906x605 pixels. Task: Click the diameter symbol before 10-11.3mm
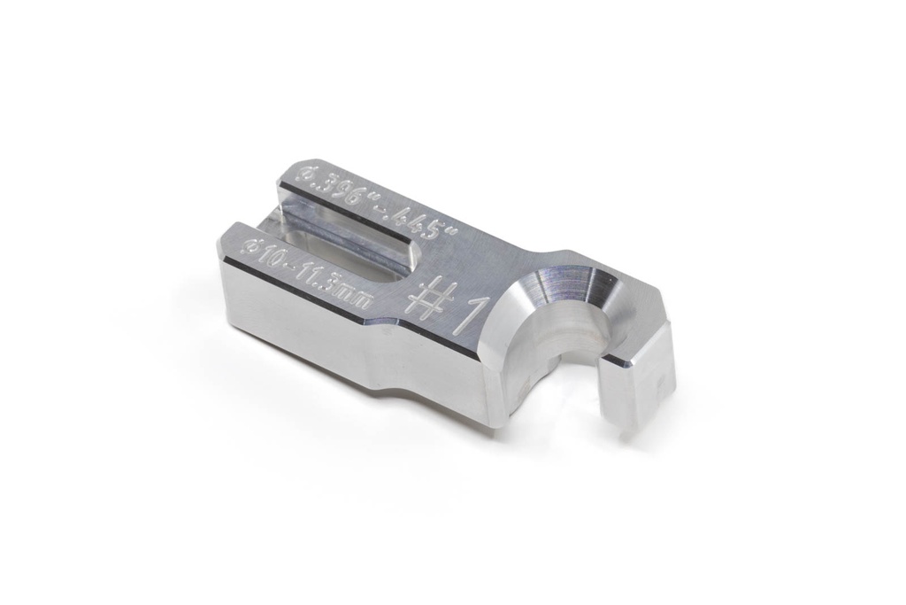[253, 249]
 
